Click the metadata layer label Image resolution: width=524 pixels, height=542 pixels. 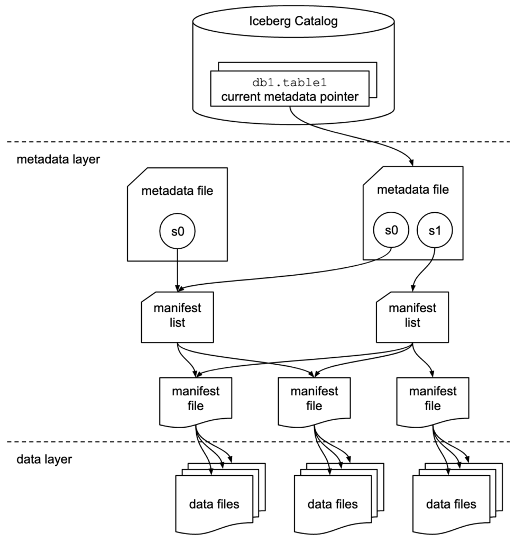tap(58, 159)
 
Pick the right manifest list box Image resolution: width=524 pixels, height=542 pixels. tap(412, 316)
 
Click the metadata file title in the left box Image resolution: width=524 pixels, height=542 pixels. tap(177, 191)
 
